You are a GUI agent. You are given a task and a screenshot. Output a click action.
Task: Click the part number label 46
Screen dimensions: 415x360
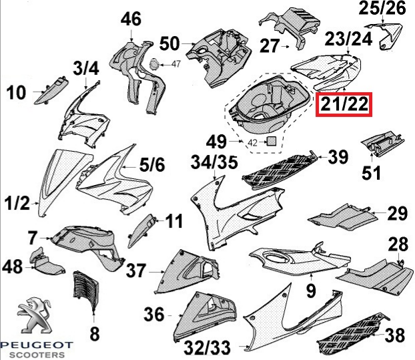(x=131, y=19)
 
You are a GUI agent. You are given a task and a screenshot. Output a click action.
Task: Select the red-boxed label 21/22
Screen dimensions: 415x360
(x=344, y=104)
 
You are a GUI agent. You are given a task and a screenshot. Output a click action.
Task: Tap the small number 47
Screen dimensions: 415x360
(x=176, y=64)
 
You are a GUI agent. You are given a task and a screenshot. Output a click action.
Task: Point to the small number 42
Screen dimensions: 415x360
(x=252, y=143)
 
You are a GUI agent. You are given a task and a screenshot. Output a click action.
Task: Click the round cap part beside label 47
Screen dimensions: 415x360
(x=154, y=64)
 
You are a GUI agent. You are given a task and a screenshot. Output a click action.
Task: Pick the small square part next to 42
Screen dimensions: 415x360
(x=271, y=141)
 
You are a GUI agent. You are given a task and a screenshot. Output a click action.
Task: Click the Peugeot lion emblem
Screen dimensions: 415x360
(x=34, y=315)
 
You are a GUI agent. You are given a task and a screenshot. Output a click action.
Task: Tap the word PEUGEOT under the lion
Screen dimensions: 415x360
(x=36, y=345)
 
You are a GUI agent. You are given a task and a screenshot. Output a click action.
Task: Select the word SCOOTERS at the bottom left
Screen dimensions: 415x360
(x=37, y=355)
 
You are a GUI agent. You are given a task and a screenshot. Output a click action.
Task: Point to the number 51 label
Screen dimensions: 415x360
(x=371, y=173)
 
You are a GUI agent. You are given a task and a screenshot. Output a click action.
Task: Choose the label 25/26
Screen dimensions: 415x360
(x=382, y=8)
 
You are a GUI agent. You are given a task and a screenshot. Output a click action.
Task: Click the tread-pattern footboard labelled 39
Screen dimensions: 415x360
(x=279, y=170)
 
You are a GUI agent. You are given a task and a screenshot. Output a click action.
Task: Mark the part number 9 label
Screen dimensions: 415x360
(x=311, y=290)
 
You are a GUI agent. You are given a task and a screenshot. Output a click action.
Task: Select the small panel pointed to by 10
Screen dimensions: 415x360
(x=51, y=90)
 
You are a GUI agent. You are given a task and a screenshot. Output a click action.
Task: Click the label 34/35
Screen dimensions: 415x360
(x=214, y=162)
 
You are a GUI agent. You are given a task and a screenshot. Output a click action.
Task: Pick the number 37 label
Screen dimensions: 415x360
(x=136, y=271)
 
